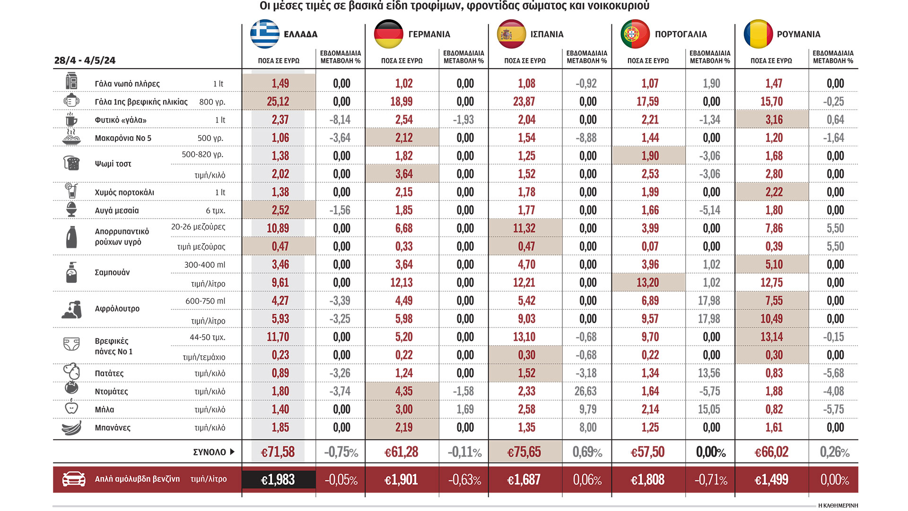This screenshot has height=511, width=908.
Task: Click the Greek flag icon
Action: coord(265,34)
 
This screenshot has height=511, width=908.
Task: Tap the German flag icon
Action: coord(388,34)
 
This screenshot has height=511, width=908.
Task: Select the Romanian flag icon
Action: coord(758,34)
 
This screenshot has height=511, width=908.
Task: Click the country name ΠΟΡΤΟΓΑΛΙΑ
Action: coord(681,35)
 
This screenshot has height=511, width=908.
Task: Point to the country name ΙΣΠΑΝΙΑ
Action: coord(547,35)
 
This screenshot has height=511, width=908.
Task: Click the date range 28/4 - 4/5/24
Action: coord(85,61)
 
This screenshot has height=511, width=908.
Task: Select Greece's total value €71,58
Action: coord(278,452)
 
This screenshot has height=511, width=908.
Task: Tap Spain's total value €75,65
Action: coord(524,452)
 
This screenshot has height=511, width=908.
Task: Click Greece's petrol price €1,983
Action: coord(278,480)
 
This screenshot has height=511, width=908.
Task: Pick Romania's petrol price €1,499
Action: coord(771,480)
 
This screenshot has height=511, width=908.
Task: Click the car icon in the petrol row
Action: coord(74,479)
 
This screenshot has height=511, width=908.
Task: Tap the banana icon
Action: coord(71,428)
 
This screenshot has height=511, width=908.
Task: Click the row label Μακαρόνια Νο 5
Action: coord(123,138)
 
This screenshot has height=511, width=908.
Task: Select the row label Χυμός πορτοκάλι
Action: coord(124,193)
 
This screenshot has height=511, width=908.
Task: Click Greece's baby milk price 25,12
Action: coord(278,102)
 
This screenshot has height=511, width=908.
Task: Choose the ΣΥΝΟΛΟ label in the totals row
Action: coord(210,452)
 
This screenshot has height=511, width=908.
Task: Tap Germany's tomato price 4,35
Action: coord(404,391)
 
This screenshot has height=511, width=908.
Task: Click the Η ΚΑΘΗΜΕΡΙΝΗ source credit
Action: coord(838,505)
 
